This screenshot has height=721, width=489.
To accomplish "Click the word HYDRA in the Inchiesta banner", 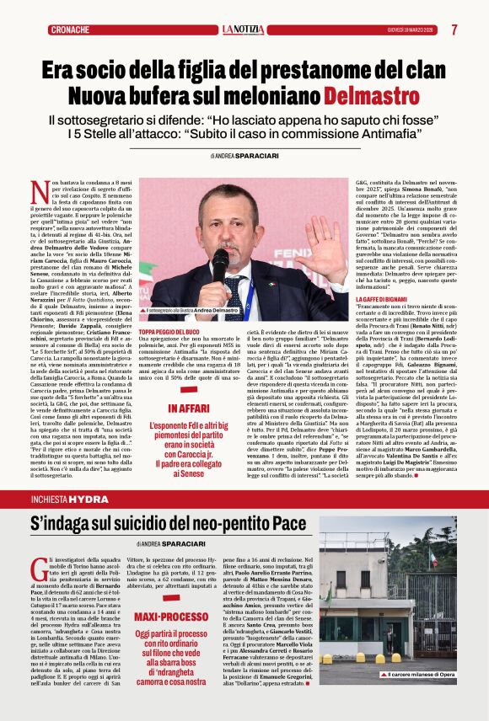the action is pos(89,499).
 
